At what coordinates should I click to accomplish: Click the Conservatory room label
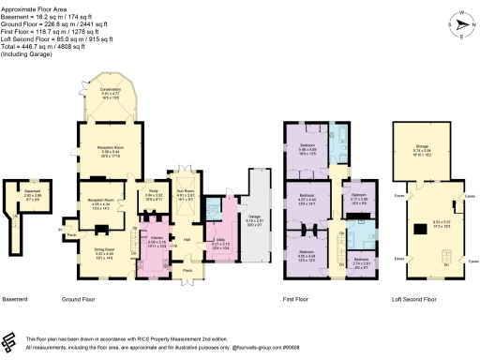(111, 93)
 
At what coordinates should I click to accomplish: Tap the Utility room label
(221, 242)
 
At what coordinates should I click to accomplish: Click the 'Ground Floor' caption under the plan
(82, 299)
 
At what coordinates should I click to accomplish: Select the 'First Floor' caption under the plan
(311, 299)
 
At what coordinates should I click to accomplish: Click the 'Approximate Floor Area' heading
(34, 5)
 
